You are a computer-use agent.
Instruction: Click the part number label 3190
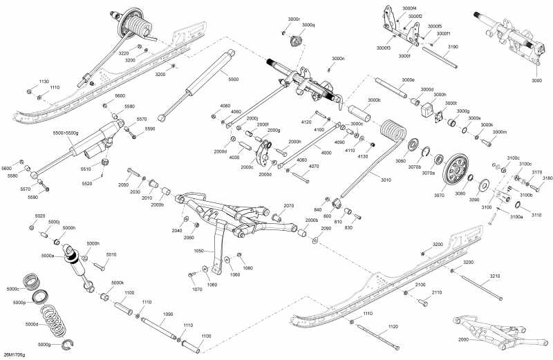coord(453,46)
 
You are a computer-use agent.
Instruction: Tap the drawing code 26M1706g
coord(14,354)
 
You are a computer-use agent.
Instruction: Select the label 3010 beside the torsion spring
coord(385,180)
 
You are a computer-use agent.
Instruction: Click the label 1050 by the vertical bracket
coord(199,252)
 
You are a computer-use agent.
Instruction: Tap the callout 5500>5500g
coord(66,133)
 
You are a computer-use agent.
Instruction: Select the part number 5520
coord(87,183)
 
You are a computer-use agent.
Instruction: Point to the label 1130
coord(44,81)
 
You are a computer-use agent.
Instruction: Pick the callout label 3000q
coord(308,25)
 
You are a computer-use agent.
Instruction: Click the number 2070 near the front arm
coord(289,205)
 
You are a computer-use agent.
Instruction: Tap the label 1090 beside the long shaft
coord(167,314)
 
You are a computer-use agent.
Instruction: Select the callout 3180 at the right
coord(547,178)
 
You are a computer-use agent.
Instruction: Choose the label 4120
coord(307,122)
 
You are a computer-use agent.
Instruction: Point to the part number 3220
coord(124,53)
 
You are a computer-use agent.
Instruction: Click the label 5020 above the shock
coord(39,216)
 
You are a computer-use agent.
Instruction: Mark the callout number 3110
coord(536,215)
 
